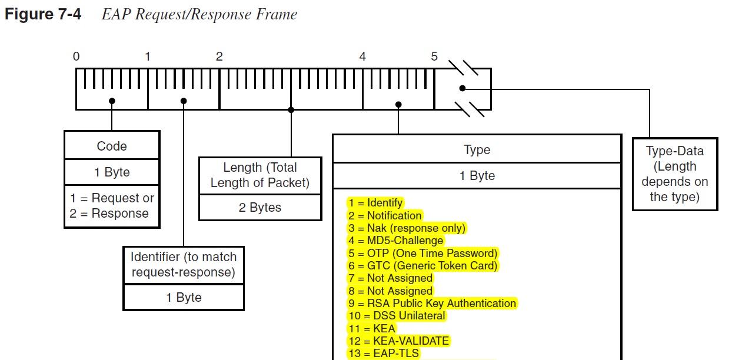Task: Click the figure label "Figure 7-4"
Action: click(43, 14)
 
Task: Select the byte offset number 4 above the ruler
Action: click(362, 56)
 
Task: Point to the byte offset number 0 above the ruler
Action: click(76, 56)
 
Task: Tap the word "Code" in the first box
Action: click(112, 146)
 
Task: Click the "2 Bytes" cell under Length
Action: click(260, 207)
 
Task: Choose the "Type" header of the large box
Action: click(477, 149)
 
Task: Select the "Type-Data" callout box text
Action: click(675, 174)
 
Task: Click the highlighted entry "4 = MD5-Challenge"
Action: click(396, 241)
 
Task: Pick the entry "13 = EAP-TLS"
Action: click(384, 354)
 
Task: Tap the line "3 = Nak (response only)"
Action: click(407, 228)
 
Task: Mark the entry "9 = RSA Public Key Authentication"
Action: click(432, 304)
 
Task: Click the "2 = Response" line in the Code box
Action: click(109, 214)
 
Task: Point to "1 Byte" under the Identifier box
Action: click(184, 298)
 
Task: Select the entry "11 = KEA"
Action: click(372, 329)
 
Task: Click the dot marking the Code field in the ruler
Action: click(112, 101)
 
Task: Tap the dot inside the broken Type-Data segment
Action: click(462, 88)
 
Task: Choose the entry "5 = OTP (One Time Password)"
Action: click(423, 254)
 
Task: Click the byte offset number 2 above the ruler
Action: click(219, 56)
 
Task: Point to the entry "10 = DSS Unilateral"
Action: click(397, 316)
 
